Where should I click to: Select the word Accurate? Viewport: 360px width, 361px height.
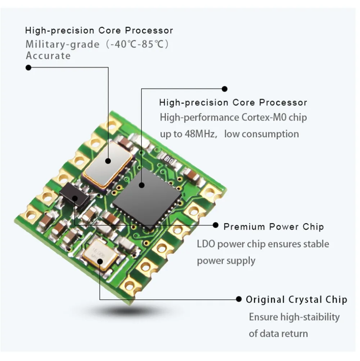tap(48, 56)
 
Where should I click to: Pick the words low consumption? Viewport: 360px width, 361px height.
tap(261, 134)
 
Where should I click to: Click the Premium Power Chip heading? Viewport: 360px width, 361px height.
tap(273, 227)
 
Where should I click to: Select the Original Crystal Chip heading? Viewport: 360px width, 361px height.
tap(296, 299)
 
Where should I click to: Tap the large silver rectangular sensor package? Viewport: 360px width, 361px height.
tap(107, 164)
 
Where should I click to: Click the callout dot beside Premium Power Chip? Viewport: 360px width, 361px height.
tap(216, 225)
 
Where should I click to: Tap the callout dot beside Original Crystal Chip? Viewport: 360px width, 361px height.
tap(238, 299)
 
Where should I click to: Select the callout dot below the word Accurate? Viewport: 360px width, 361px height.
tap(28, 67)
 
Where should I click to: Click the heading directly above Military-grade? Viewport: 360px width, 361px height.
tap(99, 30)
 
